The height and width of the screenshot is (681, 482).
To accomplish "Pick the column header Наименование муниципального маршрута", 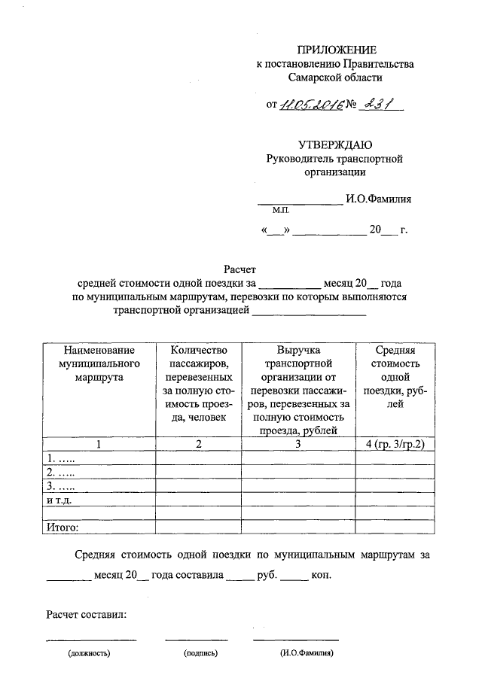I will coord(99,364).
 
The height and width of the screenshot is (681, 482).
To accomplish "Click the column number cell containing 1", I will coord(99,444).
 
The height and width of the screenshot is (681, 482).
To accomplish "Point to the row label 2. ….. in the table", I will coord(61,472).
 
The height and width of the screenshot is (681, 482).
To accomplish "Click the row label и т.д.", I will coord(59,499).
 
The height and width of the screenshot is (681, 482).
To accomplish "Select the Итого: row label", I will coord(63,527).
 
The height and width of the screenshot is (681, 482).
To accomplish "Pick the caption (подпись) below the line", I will coord(200,653).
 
